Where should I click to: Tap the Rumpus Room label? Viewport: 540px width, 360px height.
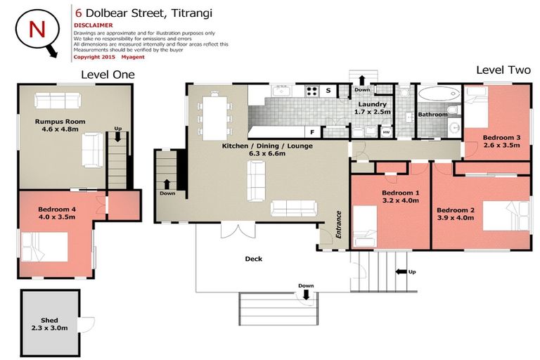point(60,121)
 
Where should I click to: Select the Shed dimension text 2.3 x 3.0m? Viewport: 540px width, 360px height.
point(50,328)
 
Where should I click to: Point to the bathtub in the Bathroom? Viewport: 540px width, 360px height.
point(439,94)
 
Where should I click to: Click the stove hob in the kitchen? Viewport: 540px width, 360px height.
point(311,91)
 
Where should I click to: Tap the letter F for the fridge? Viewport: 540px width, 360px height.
point(312,132)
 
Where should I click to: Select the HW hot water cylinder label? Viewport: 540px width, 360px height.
point(387,132)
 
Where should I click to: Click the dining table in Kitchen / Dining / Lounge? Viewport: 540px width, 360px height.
point(214,118)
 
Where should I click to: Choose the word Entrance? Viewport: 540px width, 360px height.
point(338,224)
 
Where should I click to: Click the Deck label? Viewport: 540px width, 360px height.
point(253,259)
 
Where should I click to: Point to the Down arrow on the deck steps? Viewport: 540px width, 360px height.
point(306,295)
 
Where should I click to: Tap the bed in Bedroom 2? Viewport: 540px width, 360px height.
point(506,216)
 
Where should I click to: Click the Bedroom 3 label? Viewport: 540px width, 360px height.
point(501,137)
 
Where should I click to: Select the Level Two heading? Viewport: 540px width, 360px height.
point(503,70)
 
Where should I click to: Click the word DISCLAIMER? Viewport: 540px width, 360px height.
point(93,25)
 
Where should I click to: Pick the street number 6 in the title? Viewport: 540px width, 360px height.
point(79,13)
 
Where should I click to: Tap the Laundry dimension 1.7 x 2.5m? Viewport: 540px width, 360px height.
point(372,112)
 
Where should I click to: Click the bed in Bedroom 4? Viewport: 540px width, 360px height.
point(44,247)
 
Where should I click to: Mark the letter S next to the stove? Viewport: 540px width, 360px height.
point(328,91)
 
